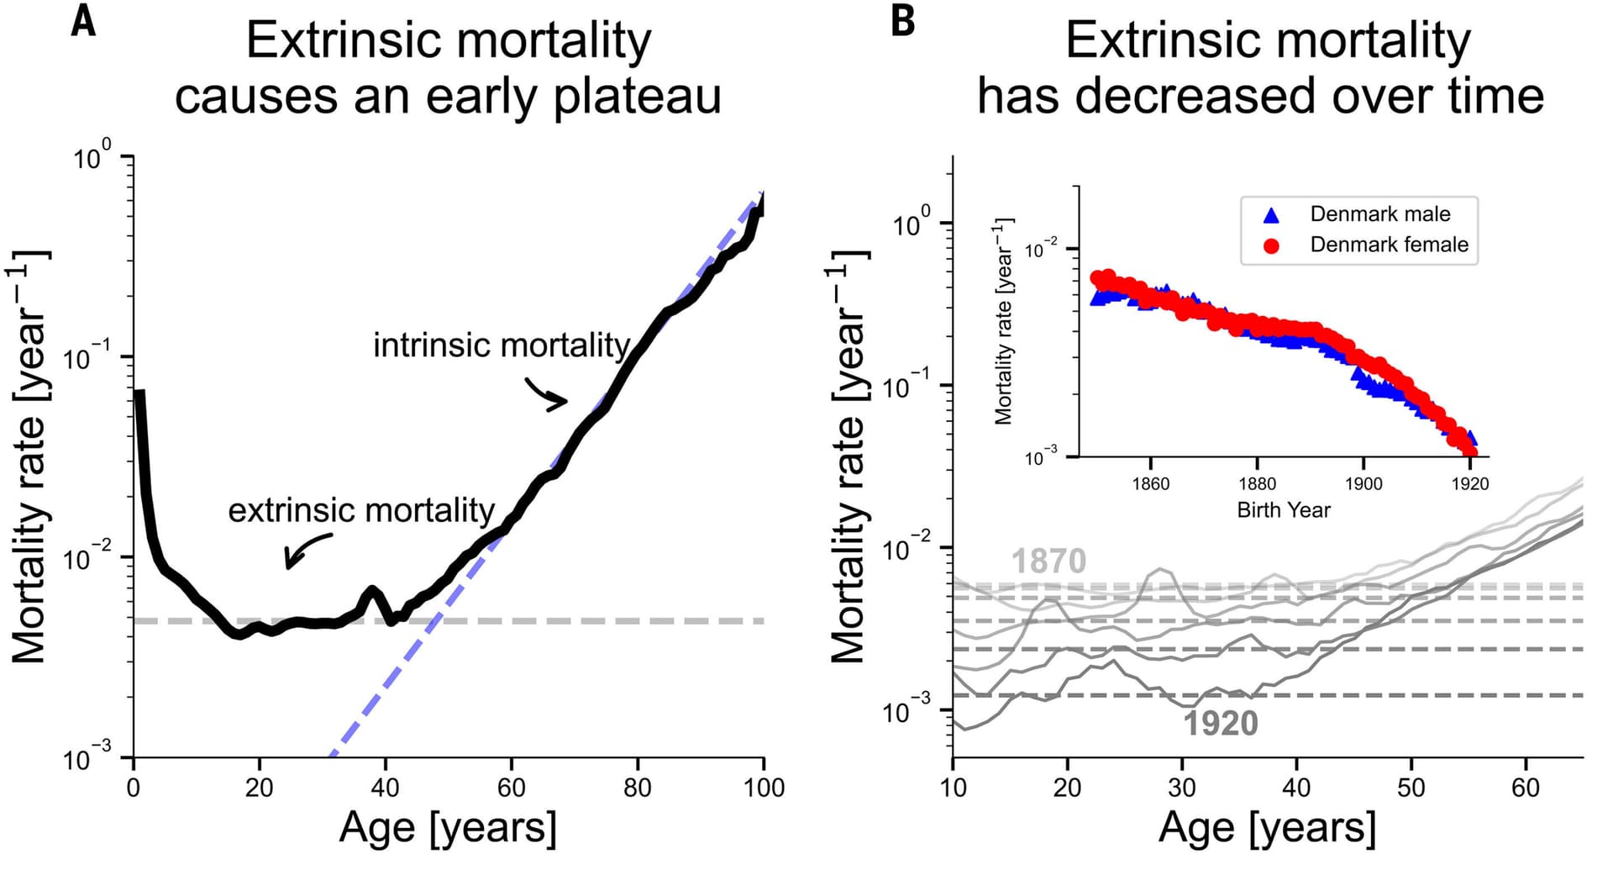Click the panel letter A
[83, 21]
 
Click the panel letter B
[902, 21]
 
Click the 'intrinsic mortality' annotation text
[502, 345]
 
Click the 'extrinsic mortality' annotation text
[361, 510]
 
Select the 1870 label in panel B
[1048, 561]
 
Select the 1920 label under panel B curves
[1220, 723]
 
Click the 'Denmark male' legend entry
[1379, 214]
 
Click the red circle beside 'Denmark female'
[1271, 245]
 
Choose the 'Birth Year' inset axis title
[1283, 510]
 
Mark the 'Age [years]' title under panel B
[1267, 828]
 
